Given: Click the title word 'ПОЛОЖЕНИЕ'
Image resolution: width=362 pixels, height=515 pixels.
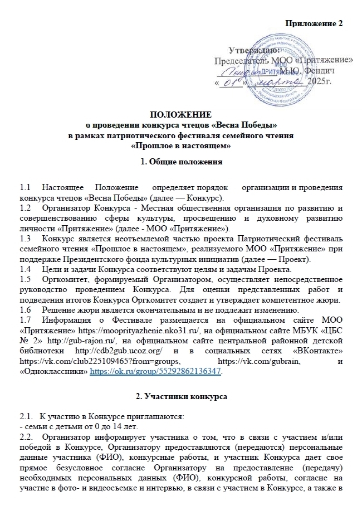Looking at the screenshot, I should coord(181,115).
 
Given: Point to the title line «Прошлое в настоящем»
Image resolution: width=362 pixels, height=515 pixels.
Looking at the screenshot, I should coord(181,145).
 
